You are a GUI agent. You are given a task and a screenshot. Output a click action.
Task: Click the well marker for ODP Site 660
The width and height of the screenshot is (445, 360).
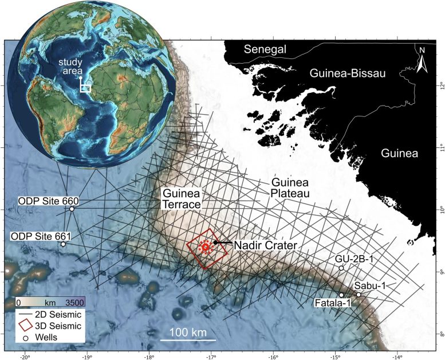(x=72, y=209)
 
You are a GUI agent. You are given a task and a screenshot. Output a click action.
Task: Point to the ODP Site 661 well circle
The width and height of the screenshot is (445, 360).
(x=63, y=244)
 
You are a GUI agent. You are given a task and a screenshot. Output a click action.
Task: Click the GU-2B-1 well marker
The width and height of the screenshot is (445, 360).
(x=341, y=268)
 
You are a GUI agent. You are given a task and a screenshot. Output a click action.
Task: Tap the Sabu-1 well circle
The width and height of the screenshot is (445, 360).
(x=359, y=295)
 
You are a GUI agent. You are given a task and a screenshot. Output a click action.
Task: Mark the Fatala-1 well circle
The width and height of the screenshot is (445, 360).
(x=341, y=295)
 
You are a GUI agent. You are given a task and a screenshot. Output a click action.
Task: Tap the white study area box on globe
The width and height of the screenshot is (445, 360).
(x=85, y=88)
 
